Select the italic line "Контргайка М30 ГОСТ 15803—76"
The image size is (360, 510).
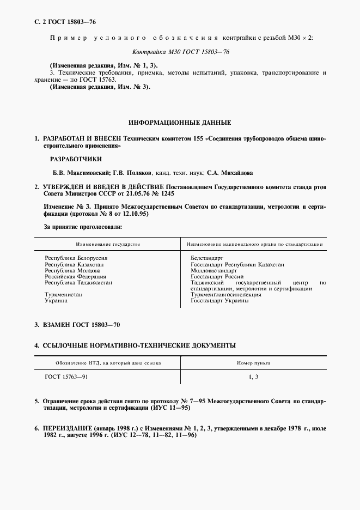pyautogui.click(x=180, y=53)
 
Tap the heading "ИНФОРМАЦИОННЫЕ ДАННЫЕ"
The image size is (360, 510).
pyautogui.click(x=180, y=123)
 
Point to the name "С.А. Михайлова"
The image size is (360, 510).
pyautogui.click(x=230, y=173)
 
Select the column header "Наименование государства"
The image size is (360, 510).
pyautogui.click(x=108, y=245)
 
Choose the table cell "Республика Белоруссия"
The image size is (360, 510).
pyautogui.click(x=76, y=258)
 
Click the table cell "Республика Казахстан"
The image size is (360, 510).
pyautogui.click(x=74, y=264)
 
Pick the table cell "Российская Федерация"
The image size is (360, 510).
pyautogui.click(x=75, y=276)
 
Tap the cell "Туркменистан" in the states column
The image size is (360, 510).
pyautogui.click(x=64, y=294)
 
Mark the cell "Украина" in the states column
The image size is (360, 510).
pyautogui.click(x=56, y=300)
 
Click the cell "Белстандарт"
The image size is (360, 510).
pyautogui.click(x=208, y=258)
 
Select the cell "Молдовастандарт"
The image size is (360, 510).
pyautogui.click(x=214, y=270)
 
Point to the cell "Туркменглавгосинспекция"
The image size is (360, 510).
pyautogui.click(x=226, y=294)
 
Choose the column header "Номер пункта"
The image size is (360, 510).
pyautogui.click(x=253, y=362)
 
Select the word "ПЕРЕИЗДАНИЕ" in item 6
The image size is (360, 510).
pyautogui.click(x=69, y=429)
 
